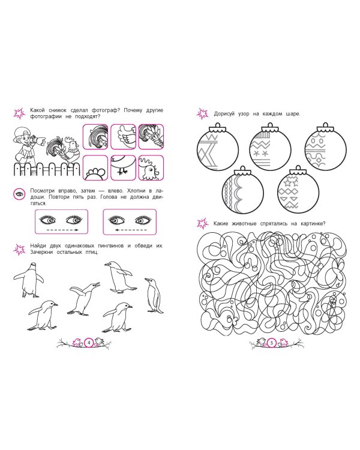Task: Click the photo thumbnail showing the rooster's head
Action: click(151, 168)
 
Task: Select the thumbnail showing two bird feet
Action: click(123, 168)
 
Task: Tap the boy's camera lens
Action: click(42, 140)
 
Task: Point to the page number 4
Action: click(89, 343)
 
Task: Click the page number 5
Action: click(272, 343)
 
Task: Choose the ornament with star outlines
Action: click(298, 190)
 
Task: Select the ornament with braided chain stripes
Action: click(243, 190)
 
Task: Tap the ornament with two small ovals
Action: click(325, 146)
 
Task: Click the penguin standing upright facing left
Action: click(154, 295)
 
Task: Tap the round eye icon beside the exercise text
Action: click(19, 194)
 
